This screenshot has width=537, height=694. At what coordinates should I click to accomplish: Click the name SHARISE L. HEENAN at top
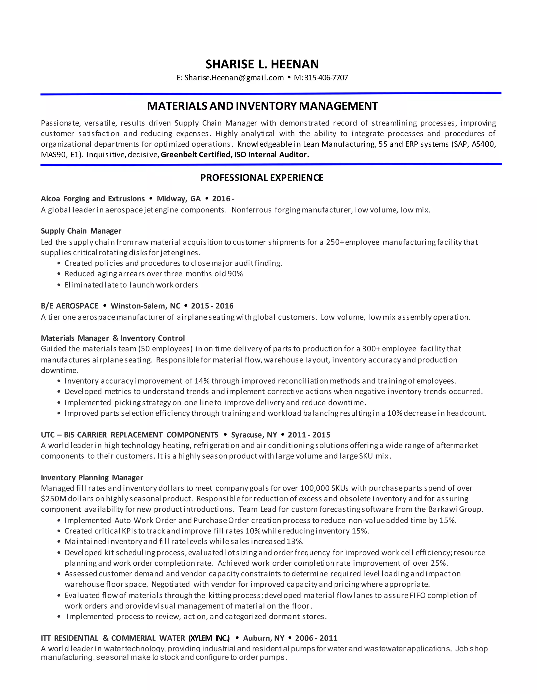tap(262, 64)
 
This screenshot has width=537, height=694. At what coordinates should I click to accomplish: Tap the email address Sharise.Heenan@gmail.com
tap(234, 78)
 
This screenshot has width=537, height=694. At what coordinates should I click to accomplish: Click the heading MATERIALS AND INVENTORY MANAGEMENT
tap(262, 106)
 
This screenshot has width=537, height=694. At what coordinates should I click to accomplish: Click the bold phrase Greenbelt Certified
tap(196, 155)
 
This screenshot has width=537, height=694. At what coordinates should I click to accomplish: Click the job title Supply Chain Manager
tap(81, 231)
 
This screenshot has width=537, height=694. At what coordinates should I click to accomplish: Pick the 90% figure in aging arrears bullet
tap(235, 274)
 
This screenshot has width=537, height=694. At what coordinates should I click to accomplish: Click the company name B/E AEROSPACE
tap(69, 306)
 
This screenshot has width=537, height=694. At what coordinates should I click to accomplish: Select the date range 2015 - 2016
tap(212, 306)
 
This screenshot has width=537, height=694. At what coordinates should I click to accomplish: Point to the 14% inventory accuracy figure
tap(202, 381)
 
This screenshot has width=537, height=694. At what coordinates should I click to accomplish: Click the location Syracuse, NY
tap(254, 435)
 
